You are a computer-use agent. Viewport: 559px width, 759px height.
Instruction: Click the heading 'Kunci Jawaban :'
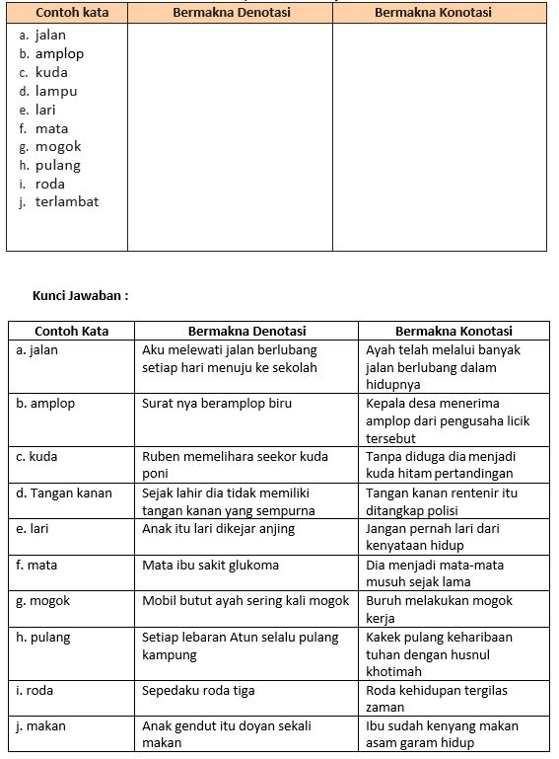(x=81, y=294)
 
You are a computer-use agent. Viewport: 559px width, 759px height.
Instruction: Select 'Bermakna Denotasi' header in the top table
(x=230, y=13)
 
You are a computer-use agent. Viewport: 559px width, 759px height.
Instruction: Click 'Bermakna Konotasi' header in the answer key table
(x=454, y=331)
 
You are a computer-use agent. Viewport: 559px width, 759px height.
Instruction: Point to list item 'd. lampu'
(x=48, y=91)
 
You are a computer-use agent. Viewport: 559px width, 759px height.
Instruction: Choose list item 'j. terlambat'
(x=59, y=202)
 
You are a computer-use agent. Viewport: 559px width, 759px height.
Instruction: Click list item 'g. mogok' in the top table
(x=50, y=147)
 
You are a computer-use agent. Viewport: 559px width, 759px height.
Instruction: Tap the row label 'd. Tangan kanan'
(x=64, y=493)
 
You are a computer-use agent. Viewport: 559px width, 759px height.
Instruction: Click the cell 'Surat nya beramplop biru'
(x=217, y=403)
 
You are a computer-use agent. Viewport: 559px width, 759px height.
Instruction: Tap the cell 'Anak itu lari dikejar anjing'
(x=223, y=528)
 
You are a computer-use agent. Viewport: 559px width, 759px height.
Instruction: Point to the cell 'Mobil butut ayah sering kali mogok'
(x=245, y=600)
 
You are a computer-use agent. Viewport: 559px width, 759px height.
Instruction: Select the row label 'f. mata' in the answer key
(x=38, y=565)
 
